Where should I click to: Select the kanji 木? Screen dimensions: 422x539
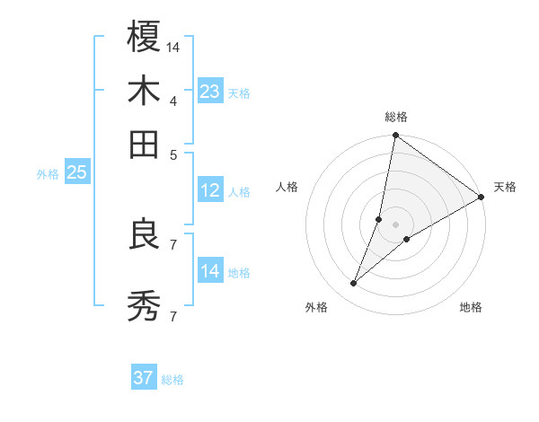[x=144, y=91]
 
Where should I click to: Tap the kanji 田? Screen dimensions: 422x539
[x=144, y=144]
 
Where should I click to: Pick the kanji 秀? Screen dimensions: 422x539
[x=144, y=306]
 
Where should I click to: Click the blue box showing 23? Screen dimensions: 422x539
[x=210, y=92]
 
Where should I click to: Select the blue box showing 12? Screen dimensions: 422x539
[x=210, y=190]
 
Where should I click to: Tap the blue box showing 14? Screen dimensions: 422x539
[x=210, y=271]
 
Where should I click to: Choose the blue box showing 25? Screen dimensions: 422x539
[x=76, y=173]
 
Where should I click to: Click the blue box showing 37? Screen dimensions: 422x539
[x=144, y=378]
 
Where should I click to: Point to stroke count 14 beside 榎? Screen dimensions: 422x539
[x=173, y=46]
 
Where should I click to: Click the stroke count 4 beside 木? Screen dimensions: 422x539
[x=172, y=100]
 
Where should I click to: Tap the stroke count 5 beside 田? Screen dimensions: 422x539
[x=172, y=154]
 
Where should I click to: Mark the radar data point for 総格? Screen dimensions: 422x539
[x=395, y=136]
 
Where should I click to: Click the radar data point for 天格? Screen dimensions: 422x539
[x=481, y=198]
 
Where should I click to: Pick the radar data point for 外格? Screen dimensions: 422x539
[x=353, y=284]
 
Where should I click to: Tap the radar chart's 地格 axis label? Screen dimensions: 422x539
[x=471, y=307]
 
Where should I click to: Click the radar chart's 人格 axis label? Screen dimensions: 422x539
[x=287, y=187]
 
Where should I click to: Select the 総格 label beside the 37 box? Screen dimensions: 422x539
[x=172, y=380]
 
